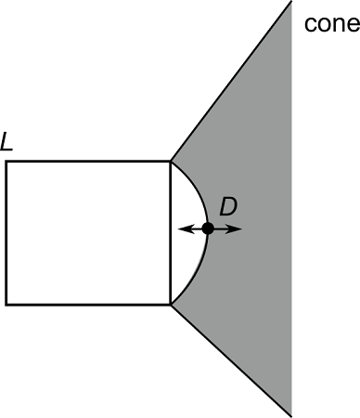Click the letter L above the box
tap(7, 143)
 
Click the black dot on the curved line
tap(208, 229)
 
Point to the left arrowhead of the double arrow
tap(181, 229)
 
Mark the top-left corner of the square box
tap(7, 163)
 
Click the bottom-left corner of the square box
tap(7, 304)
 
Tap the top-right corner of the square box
tap(170, 163)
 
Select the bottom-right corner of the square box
tap(170, 304)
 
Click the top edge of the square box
tap(88, 163)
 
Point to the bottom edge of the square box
tap(88, 304)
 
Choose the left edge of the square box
tap(7, 232)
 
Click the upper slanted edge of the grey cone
tap(232, 84)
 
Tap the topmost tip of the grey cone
tap(290, 4)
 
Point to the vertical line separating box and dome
tap(170, 260)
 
